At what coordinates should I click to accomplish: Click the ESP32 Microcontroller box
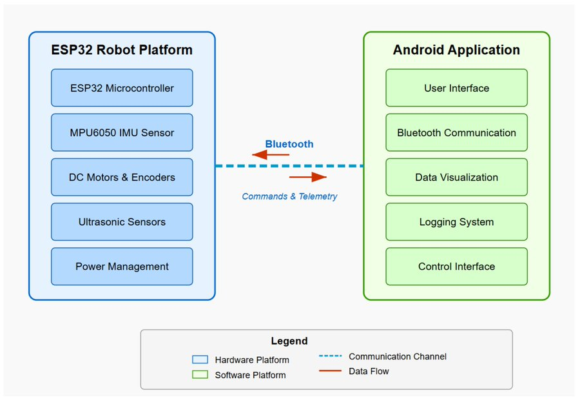tap(122, 88)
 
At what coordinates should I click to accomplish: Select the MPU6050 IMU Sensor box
tap(122, 132)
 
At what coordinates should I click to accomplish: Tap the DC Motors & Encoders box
tap(122, 177)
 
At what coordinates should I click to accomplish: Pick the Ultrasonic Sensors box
tap(122, 221)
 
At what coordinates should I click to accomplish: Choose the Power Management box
tap(122, 266)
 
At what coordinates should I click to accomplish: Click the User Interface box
tap(456, 88)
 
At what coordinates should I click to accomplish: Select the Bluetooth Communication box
tap(456, 132)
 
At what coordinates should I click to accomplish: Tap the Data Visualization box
tap(456, 177)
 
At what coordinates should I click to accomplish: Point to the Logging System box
tap(456, 221)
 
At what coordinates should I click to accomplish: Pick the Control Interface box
tap(456, 266)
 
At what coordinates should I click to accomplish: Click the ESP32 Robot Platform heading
tap(122, 50)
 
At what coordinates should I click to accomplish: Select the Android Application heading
tap(456, 50)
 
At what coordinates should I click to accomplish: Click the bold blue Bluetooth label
tap(289, 144)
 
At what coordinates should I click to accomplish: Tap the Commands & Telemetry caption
tap(289, 196)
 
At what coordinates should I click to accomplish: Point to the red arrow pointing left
tap(271, 155)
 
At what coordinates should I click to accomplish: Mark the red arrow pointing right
tap(308, 177)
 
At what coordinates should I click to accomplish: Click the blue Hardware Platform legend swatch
tap(200, 359)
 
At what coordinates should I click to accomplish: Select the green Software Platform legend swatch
tap(200, 374)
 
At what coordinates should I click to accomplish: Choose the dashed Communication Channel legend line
tap(329, 356)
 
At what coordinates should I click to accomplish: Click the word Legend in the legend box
tap(289, 341)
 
